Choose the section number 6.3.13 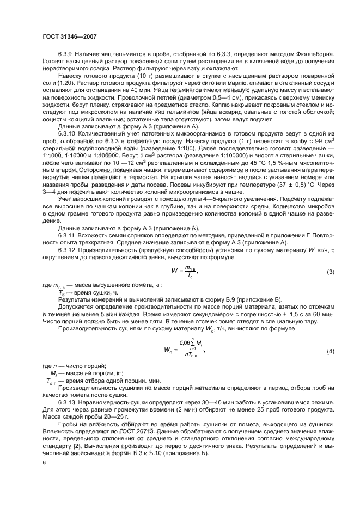pyautogui.click(x=68, y=402)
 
